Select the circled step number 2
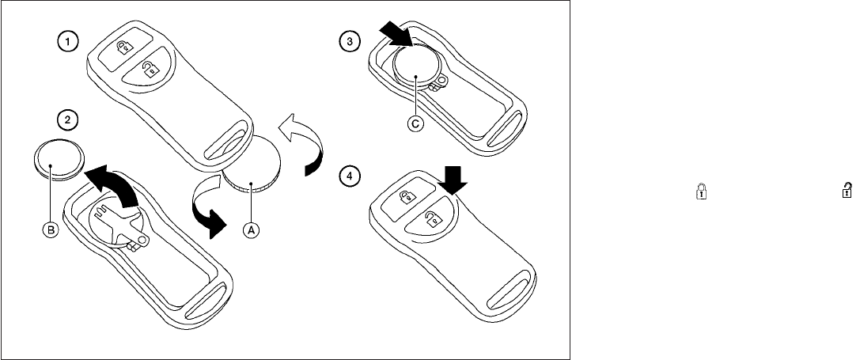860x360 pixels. point(70,119)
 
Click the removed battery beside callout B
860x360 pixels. point(57,159)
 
